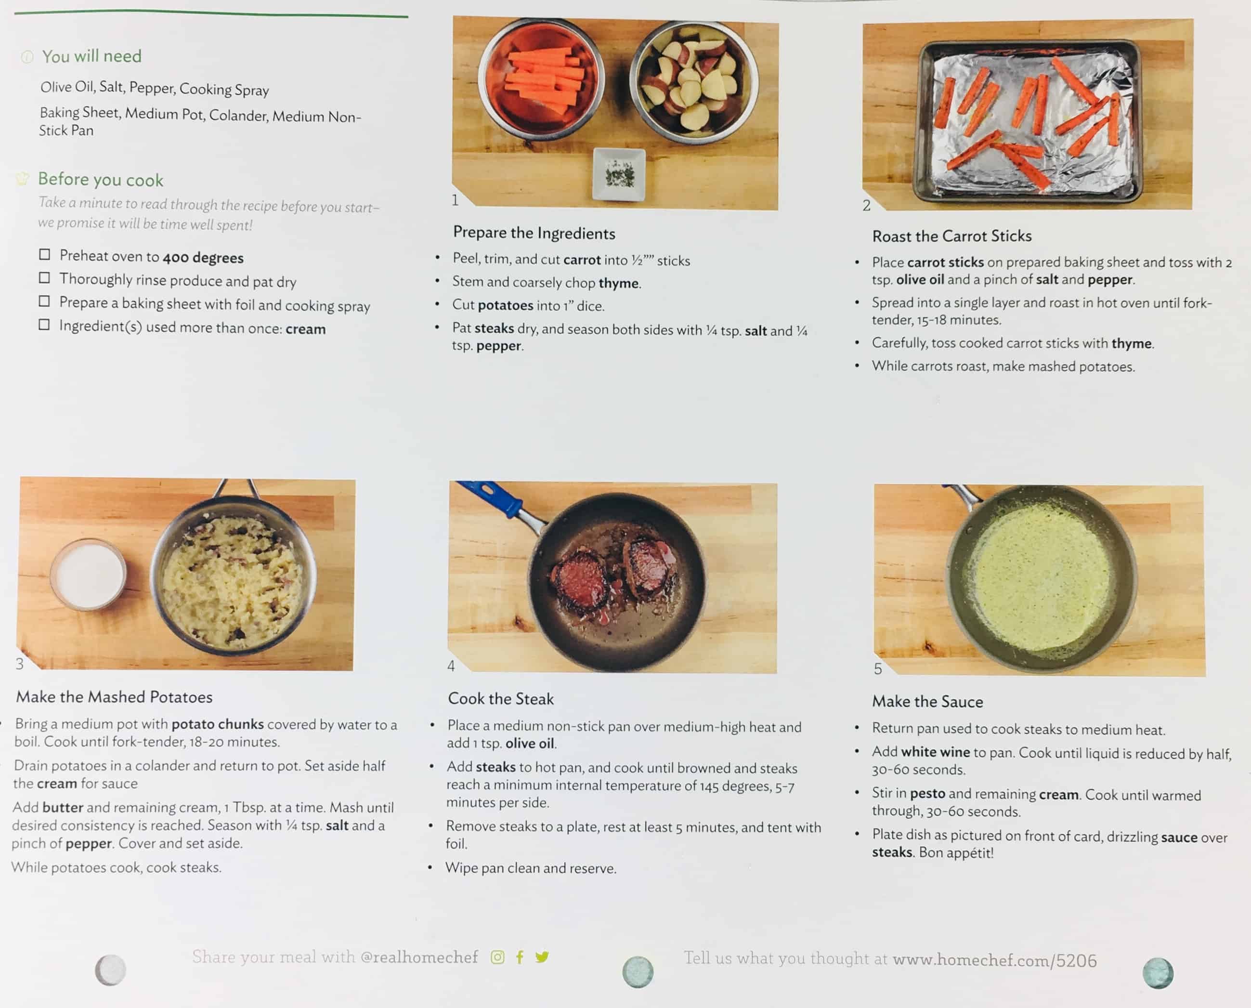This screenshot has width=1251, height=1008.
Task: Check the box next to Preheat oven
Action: pos(45,254)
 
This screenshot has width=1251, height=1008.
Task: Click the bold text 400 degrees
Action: pos(203,258)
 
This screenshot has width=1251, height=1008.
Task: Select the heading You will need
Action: pos(91,56)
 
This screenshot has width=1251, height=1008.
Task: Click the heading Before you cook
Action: pos(101,180)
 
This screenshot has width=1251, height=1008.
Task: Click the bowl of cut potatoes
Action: pos(694,82)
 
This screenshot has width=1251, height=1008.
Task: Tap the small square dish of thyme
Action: pos(619,174)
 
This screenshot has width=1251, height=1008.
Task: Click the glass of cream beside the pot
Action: pos(88,574)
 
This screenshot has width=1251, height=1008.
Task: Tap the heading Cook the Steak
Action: pos(500,698)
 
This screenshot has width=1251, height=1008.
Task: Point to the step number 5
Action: pos(878,669)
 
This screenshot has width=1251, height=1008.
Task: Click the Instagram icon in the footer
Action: pos(497,957)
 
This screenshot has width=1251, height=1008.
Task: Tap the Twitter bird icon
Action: pos(542,957)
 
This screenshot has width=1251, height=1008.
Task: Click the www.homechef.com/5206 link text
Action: pos(994,960)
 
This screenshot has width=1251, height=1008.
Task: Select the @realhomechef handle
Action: pos(419,957)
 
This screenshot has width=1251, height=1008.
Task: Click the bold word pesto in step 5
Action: pos(927,794)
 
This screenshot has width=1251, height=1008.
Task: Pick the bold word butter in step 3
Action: pos(63,807)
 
